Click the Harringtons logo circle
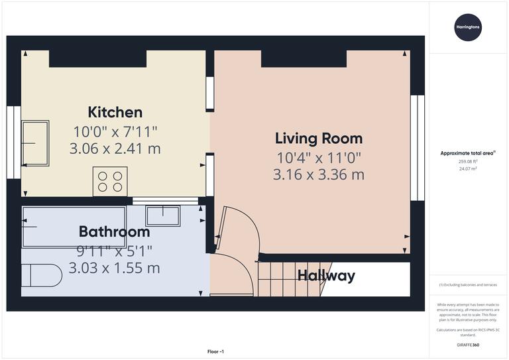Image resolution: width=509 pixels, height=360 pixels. click(468, 27)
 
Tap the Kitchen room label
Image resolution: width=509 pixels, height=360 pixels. click(115, 112)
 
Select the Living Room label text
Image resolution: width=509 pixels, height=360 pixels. click(318, 139)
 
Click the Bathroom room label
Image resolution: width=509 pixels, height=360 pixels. click(114, 232)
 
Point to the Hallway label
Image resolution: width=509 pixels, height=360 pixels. click(325, 276)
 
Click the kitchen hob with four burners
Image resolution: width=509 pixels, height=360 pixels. click(111, 182)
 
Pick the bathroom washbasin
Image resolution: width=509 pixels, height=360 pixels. click(162, 215)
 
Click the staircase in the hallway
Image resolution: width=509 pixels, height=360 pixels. click(285, 278)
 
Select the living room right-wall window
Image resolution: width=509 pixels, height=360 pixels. click(417, 147)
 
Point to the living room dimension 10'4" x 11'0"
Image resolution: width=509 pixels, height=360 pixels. click(318, 158)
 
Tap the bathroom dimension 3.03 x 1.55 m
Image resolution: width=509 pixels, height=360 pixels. click(114, 269)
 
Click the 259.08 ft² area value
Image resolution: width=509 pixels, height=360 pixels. click(468, 161)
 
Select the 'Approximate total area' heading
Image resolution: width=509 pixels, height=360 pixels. click(468, 153)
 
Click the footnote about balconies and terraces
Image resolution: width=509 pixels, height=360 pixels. click(468, 285)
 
